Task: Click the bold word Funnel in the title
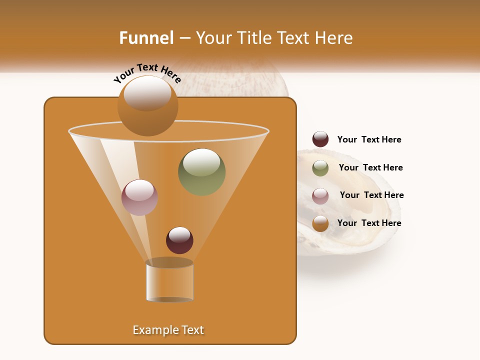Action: (146, 38)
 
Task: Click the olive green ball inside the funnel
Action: (201, 172)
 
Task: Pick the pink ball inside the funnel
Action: (139, 197)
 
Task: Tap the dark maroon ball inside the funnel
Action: (179, 240)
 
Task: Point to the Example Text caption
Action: (168, 330)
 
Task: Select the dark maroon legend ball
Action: (320, 139)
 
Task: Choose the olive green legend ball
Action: (320, 167)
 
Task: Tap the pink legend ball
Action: (320, 195)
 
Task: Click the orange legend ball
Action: (320, 223)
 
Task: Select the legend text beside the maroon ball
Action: (369, 139)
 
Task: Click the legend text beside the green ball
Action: (370, 167)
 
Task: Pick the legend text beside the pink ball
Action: (371, 195)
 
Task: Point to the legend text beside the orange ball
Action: (369, 223)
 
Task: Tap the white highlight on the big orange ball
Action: (147, 92)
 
